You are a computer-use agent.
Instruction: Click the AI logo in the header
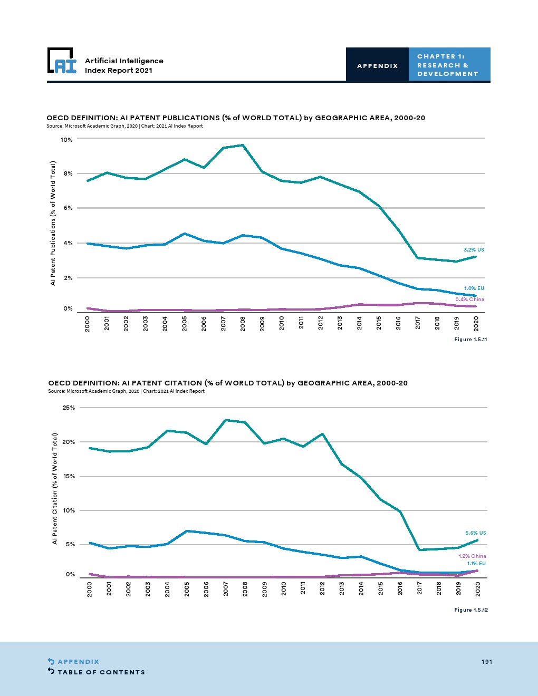[62, 61]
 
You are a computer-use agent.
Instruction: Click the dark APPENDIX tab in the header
[377, 65]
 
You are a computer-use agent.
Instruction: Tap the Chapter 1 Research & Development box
[449, 65]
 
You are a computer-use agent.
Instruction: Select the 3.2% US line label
[473, 250]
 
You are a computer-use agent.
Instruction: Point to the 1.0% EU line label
[474, 288]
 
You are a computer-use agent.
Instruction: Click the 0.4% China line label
[469, 299]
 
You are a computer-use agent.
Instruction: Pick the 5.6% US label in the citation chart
[475, 533]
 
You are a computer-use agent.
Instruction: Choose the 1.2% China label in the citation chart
[472, 556]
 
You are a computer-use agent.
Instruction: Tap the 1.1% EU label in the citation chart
[476, 564]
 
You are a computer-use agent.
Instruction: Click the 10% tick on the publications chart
[66, 140]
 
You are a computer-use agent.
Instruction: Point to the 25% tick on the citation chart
[69, 408]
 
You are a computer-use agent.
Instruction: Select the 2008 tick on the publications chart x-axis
[243, 323]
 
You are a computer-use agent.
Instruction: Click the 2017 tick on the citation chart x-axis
[420, 588]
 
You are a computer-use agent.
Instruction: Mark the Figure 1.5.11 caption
[470, 340]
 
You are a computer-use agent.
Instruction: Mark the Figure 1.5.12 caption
[471, 610]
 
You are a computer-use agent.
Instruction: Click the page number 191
[486, 662]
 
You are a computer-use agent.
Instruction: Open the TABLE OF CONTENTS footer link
[101, 672]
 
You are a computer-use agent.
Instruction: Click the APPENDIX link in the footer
[78, 662]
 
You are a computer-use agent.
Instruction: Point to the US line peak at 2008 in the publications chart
[243, 145]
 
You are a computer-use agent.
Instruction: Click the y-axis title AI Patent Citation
[54, 489]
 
